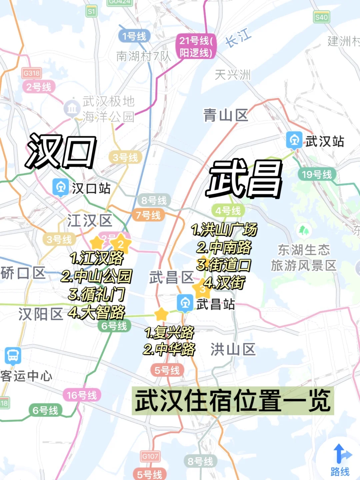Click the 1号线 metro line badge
[134, 36]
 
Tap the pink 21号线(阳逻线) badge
[196, 47]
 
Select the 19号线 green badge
[317, 174]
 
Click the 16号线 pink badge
[82, 395]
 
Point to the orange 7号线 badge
[148, 215]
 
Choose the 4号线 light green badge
[228, 211]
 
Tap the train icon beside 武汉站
[294, 140]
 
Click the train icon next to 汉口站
[60, 187]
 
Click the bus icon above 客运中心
[13, 355]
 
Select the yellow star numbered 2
[121, 244]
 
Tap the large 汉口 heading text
[61, 152]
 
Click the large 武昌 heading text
[244, 179]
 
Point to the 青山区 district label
[226, 115]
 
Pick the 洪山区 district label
[233, 350]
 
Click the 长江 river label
[238, 38]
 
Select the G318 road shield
[31, 73]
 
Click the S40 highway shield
[321, 17]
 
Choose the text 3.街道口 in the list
[223, 265]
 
